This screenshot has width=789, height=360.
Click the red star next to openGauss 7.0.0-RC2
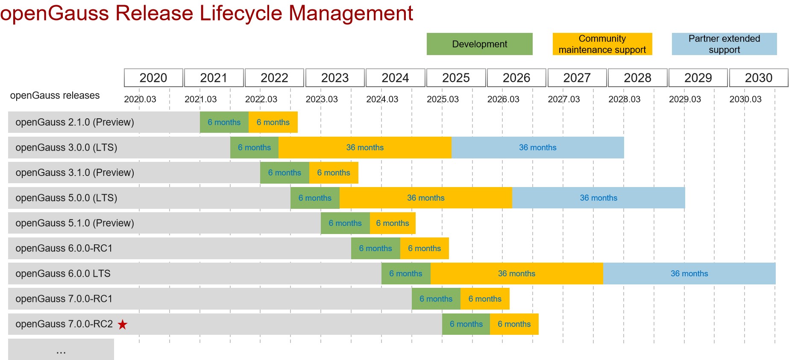[x=123, y=325]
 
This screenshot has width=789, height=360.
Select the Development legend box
[x=479, y=44]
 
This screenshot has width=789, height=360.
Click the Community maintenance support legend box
[x=602, y=44]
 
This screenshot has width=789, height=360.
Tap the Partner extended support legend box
[x=724, y=44]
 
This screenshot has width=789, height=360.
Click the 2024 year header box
[x=395, y=78]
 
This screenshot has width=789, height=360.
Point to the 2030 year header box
[x=758, y=78]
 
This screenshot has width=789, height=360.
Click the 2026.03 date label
[x=503, y=99]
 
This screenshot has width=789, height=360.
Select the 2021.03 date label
[x=200, y=99]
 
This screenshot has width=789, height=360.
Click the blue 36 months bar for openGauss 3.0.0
[x=537, y=147]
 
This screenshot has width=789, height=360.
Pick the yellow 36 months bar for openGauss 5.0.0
[x=425, y=198]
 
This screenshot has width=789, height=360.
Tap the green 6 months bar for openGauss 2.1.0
[x=224, y=122]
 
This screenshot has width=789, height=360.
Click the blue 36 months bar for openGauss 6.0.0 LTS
[x=689, y=273]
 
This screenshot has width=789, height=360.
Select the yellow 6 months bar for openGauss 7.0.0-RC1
[x=485, y=299]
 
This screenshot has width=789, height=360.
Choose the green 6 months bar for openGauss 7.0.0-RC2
[x=466, y=324]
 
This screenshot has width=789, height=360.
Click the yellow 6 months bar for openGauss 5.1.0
[x=393, y=223]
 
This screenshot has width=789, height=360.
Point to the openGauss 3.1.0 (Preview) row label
[x=75, y=173]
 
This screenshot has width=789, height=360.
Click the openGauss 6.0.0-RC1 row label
[x=64, y=248]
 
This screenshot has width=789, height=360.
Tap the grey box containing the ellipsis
[x=61, y=349]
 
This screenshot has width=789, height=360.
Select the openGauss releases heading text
[x=55, y=95]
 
